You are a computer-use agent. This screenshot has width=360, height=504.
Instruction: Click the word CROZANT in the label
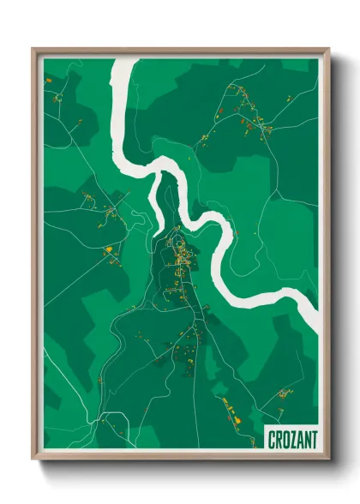291,438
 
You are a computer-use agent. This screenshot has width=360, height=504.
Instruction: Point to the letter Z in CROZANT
291,438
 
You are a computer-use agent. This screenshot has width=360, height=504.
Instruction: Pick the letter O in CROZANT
285,438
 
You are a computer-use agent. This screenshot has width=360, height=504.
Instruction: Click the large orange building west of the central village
109,250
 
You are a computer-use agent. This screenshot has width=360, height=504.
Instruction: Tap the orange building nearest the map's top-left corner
49,79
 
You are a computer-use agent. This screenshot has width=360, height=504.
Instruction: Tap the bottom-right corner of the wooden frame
328,458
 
